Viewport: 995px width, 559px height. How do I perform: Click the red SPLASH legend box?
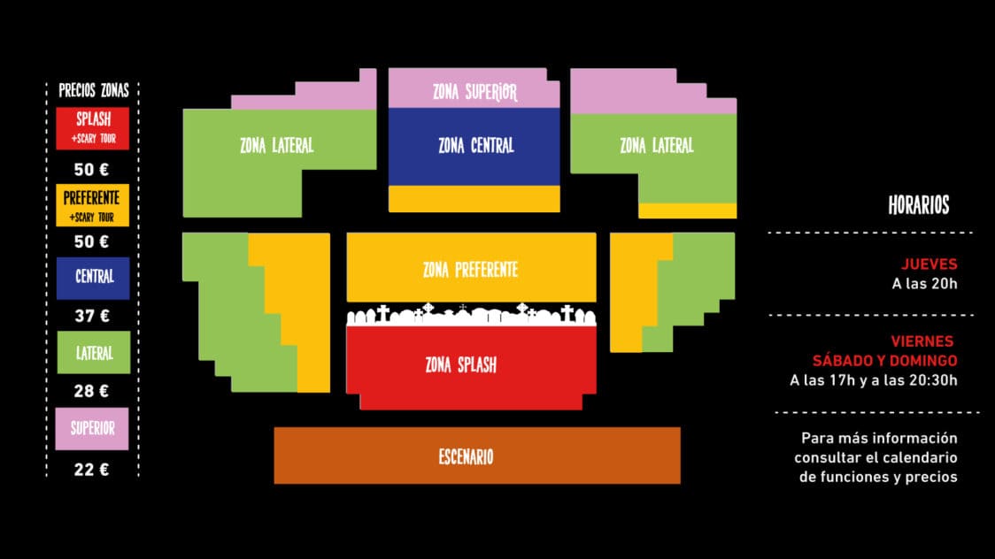coord(93,128)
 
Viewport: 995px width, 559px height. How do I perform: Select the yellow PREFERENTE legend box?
coord(93,205)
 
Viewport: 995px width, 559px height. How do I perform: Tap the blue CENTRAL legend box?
coord(93,279)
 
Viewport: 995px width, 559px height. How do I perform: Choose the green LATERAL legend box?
coord(94,352)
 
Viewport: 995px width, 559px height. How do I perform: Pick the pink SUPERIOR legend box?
coord(92,429)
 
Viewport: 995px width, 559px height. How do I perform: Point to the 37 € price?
coord(92,316)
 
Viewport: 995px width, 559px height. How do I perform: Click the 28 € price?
coord(91,391)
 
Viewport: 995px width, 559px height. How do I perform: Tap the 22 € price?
coord(91,470)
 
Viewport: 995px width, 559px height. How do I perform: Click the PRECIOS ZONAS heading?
coord(94,90)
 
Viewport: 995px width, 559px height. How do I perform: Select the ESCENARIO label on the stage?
coord(466,457)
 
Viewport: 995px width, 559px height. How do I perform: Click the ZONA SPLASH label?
coord(460,365)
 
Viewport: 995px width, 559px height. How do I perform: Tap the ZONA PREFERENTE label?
coord(471,270)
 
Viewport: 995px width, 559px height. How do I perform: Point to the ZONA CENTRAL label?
coord(476,146)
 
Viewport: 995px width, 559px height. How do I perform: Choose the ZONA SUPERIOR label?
coord(475,93)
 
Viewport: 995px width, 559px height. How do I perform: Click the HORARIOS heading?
coord(919,205)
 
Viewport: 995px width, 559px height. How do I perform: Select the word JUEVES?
coord(929,264)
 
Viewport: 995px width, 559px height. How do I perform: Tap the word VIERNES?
coord(922,341)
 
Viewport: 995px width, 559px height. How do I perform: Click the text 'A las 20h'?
coord(924,284)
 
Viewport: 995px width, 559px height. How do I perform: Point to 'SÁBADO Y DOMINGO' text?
coord(885,361)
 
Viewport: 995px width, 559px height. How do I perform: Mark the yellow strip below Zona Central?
coord(474,199)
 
